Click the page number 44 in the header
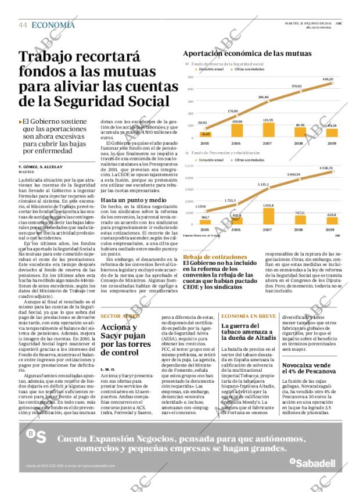[x=23, y=25]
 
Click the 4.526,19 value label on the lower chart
[x=327, y=168]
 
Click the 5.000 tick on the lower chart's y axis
[x=189, y=166]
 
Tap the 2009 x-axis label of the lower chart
[x=330, y=230]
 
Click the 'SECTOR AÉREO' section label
[x=120, y=316]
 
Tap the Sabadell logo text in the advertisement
[x=316, y=463]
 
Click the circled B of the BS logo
[x=31, y=433]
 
